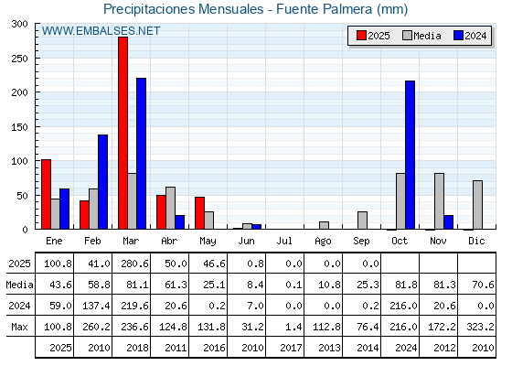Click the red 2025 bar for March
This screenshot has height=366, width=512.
point(123,133)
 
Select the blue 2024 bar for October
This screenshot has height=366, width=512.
point(411,155)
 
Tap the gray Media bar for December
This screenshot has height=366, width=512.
point(477,205)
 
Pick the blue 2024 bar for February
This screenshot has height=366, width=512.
point(102,182)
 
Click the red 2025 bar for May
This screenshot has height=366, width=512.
point(200,212)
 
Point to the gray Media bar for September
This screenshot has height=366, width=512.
point(362,221)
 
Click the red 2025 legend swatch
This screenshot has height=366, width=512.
point(361,36)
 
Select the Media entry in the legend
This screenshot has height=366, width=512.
point(421,36)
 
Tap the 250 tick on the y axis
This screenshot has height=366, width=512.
point(20,59)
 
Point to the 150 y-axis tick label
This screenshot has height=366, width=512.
point(20,127)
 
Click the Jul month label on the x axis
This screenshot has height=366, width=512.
point(284,241)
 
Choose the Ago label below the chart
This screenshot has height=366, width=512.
point(323,242)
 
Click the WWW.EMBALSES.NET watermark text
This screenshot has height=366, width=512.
point(101,31)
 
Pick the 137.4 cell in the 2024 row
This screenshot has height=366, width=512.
point(96,306)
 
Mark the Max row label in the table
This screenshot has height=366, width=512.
point(19,327)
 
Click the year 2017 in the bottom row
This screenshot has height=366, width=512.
point(291,348)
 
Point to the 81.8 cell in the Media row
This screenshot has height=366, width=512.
point(407,285)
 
